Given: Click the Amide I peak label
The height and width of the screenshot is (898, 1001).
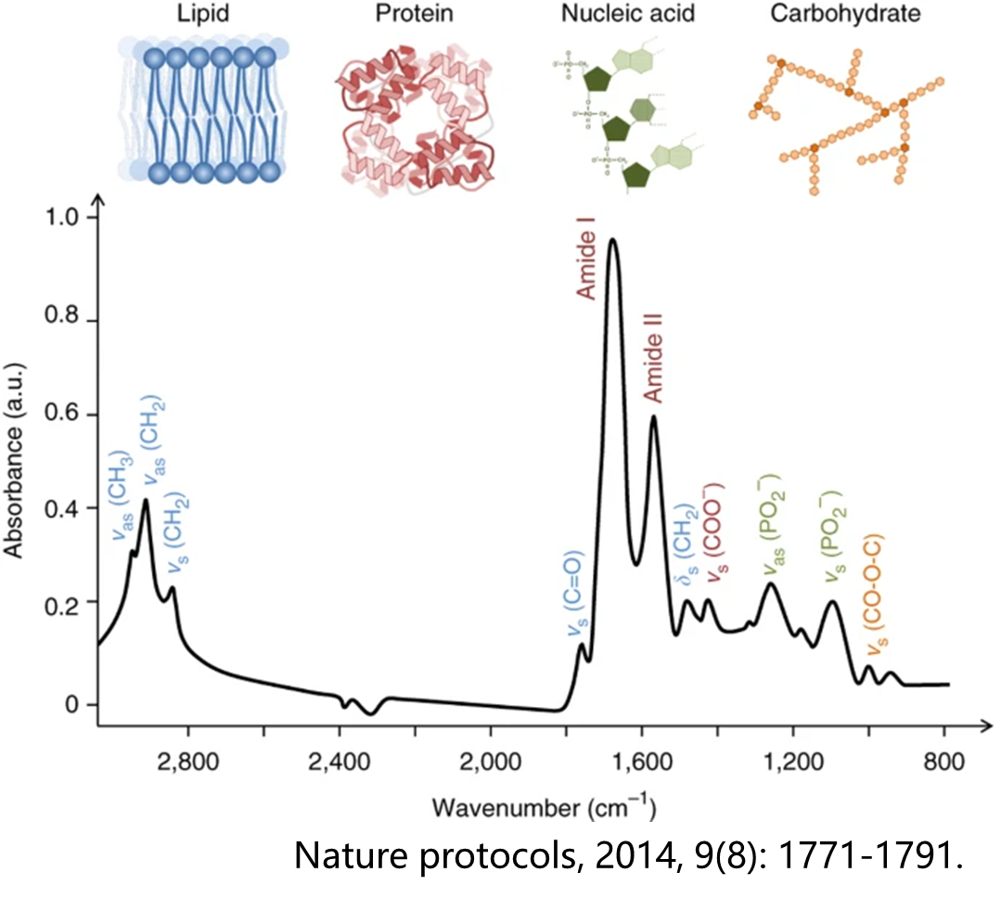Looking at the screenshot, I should click(585, 259).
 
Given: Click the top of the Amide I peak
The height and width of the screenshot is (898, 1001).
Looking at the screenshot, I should click(612, 240).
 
